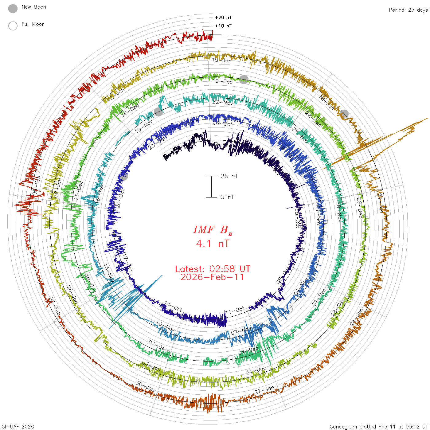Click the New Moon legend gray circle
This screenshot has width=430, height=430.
point(13,9)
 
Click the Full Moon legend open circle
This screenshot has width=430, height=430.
point(13,26)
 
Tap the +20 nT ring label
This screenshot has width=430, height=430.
point(223,18)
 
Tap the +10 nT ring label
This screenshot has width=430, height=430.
point(223,26)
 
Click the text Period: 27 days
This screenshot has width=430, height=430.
point(408,10)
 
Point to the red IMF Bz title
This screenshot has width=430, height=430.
point(213,230)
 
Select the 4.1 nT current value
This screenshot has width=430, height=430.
point(213,244)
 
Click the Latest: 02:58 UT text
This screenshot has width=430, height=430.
point(213,269)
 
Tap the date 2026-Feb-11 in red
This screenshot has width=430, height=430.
point(213,277)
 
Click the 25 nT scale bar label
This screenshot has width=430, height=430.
point(229,176)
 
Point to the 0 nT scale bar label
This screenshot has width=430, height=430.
point(227,197)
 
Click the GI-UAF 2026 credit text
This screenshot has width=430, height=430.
point(18,427)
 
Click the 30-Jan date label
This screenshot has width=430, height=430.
point(145,386)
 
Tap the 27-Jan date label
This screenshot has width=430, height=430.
point(264,390)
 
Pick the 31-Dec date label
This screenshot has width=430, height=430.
point(256,371)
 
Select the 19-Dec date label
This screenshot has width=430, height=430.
point(223,81)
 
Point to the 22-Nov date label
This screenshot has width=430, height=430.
point(223,102)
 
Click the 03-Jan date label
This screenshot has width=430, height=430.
point(151,366)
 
